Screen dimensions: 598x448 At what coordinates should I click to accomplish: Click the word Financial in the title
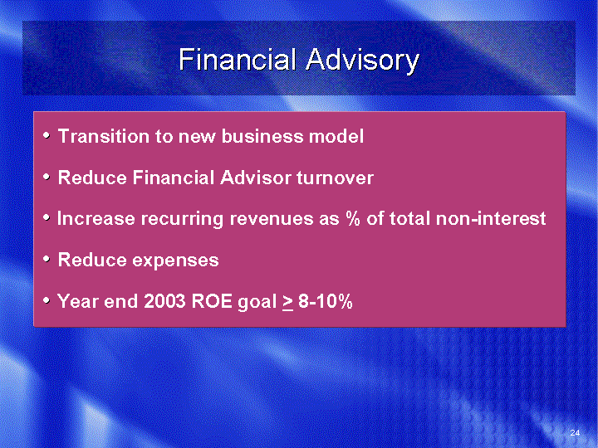(x=238, y=60)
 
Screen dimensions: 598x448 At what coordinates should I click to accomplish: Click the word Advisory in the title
(x=362, y=61)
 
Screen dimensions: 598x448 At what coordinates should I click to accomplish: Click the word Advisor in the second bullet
(x=256, y=178)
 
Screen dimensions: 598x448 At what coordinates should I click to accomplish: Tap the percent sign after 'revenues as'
(x=352, y=218)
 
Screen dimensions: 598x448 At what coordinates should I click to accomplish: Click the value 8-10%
(x=326, y=301)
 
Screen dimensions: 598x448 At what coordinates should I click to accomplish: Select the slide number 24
(x=575, y=432)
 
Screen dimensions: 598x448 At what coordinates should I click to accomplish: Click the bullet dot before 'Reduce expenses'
(x=47, y=259)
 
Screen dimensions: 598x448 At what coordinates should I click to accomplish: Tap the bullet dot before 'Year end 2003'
(x=47, y=300)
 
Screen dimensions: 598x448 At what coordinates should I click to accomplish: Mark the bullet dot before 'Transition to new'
(x=47, y=135)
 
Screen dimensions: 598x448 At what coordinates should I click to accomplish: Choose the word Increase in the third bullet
(x=96, y=219)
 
